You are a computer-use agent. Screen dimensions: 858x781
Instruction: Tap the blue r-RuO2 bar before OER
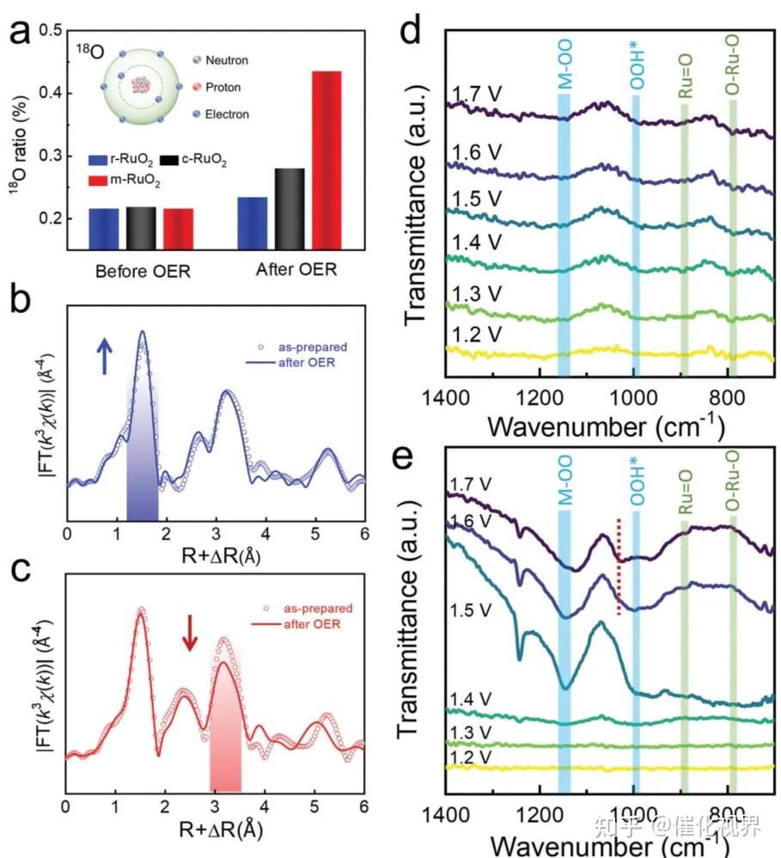coord(104,226)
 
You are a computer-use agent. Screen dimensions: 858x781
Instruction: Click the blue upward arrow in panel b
coord(105,355)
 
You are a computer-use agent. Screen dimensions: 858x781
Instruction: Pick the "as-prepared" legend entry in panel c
coord(320,608)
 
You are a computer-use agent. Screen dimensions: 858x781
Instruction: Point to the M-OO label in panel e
coord(564,487)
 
